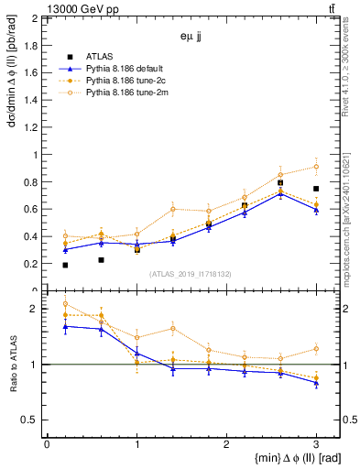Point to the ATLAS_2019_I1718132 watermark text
click(x=191, y=274)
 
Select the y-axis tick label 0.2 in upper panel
click(x=29, y=264)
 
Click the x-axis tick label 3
click(x=316, y=444)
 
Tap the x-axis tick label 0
click(x=47, y=444)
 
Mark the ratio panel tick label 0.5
click(x=29, y=420)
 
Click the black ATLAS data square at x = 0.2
click(x=64, y=265)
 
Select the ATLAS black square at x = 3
click(x=316, y=189)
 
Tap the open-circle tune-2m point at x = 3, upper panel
click(x=316, y=167)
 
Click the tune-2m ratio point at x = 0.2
click(x=64, y=304)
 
